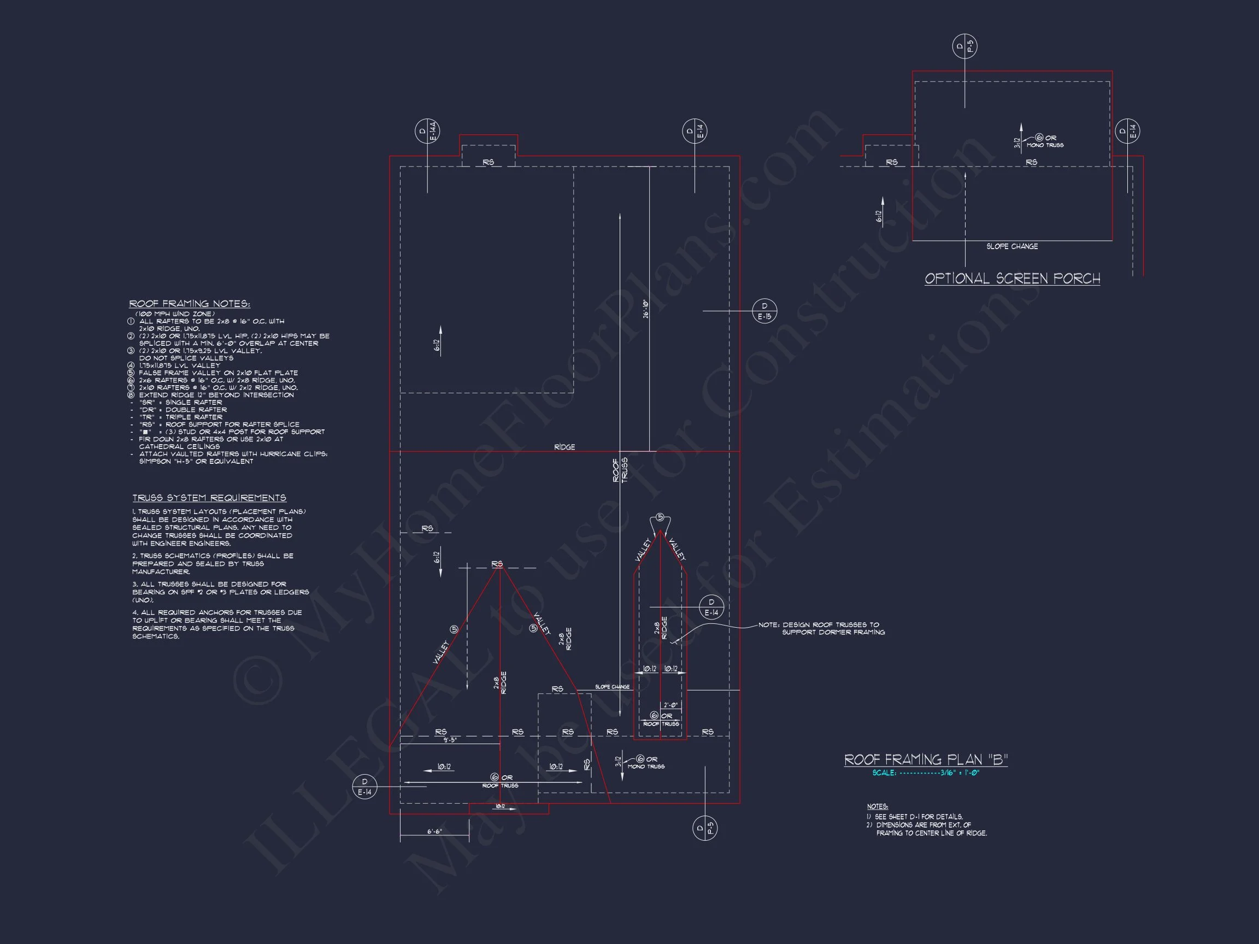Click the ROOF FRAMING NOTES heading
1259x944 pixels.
[189, 304]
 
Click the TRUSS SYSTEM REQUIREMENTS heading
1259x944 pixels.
[209, 498]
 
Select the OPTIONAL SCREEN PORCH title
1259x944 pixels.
[1012, 278]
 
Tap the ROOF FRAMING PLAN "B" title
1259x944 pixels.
[926, 760]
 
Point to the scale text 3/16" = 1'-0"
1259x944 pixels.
[959, 772]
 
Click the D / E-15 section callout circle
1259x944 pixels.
[764, 311]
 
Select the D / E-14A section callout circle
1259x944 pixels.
[427, 132]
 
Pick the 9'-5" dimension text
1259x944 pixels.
[450, 740]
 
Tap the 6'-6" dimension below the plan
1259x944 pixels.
[434, 831]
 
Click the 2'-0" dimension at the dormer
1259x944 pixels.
[670, 706]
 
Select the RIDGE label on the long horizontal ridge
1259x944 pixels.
[564, 447]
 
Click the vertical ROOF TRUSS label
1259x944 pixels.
[620, 470]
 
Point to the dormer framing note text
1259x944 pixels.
[821, 628]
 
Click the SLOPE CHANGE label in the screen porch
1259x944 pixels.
[1011, 246]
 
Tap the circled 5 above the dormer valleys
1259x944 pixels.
[660, 517]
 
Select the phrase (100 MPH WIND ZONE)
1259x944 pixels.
[175, 314]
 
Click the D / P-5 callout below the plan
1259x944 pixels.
[704, 828]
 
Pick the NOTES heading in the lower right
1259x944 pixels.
[877, 806]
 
